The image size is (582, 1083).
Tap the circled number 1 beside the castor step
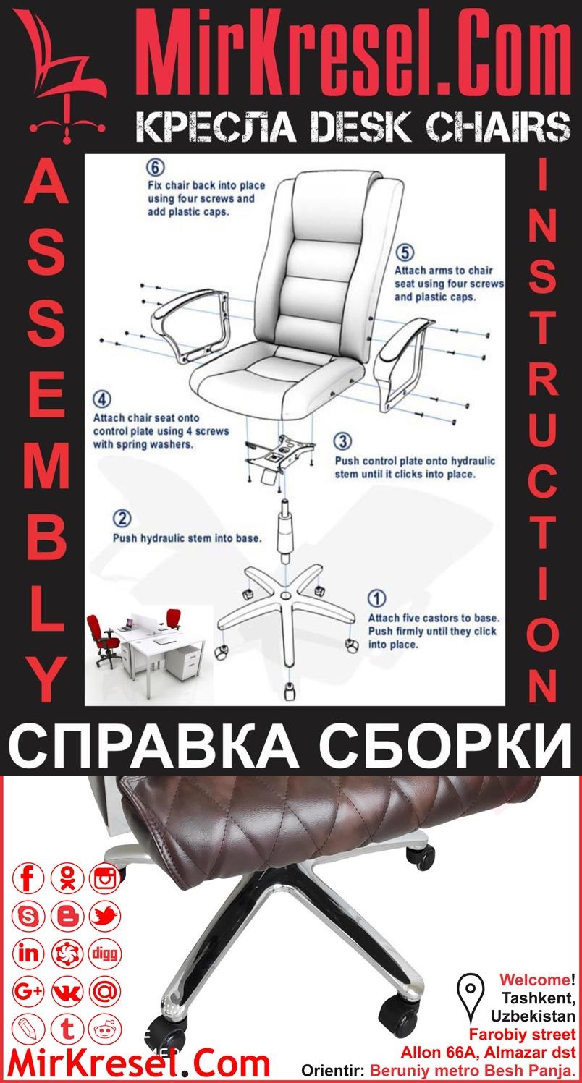click(377, 599)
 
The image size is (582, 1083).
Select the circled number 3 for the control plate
click(343, 441)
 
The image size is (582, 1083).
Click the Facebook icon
click(29, 879)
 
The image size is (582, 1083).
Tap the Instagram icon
click(106, 879)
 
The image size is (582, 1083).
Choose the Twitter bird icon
click(106, 917)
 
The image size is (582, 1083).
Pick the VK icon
click(67, 991)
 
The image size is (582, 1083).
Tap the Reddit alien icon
click(106, 1028)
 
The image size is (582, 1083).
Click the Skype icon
click(29, 917)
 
